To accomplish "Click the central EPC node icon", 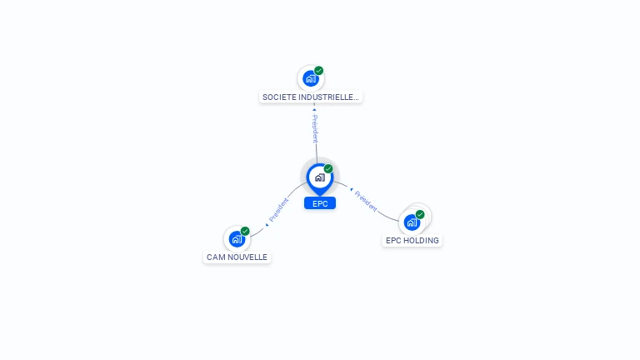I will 319,177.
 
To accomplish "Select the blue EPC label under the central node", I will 320,203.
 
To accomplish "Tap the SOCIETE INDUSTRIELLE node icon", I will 311,78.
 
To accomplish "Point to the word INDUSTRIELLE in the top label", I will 331,97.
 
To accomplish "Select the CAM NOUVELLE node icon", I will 237,239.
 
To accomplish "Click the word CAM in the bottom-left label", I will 215,257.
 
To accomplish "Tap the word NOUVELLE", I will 247,257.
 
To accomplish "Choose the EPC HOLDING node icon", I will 412,222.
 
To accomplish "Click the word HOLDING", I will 422,241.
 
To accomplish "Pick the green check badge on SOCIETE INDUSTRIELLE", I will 319,71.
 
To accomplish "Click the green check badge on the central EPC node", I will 328,168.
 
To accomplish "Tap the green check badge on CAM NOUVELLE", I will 245,231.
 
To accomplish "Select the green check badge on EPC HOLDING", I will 420,214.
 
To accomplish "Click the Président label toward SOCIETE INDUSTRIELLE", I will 315,129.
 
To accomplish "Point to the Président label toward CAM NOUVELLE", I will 279,209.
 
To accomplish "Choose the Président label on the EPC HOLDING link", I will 366,200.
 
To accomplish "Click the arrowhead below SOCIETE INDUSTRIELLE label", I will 314,108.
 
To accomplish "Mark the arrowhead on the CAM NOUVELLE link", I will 267,223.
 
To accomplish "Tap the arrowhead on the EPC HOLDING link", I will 352,189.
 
